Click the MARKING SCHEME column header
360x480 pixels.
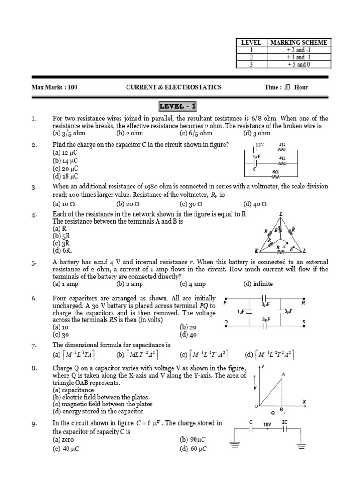pos(299,42)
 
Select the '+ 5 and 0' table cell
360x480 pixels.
pos(299,65)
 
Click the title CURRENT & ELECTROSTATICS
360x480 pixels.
pos(174,87)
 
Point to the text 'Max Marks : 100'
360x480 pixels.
pos(54,87)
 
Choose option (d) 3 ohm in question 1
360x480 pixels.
pos(257,133)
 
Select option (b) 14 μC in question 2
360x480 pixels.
pos(65,161)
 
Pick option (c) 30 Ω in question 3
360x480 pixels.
pos(191,204)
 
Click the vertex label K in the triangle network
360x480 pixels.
pos(256,250)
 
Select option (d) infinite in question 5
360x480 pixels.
pos(258,284)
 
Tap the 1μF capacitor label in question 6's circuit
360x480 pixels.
pos(242,311)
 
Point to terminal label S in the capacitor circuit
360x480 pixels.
pos(304,321)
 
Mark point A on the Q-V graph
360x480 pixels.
pos(283,375)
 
